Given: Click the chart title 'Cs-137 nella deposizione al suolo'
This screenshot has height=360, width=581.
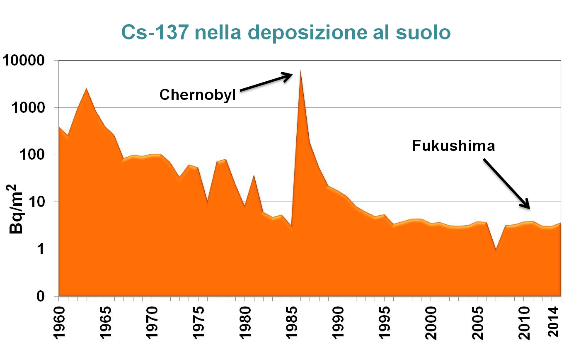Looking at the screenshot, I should (286, 32).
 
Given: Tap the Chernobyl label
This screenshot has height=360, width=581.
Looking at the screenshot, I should (197, 95).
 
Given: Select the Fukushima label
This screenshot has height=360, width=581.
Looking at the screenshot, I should (453, 146).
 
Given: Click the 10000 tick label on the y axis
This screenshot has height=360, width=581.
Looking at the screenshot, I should (24, 61).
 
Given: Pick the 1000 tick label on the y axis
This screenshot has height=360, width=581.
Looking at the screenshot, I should (28, 108).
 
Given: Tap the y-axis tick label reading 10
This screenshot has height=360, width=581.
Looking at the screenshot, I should (36, 202).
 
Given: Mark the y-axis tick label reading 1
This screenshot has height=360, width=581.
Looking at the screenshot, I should (41, 249).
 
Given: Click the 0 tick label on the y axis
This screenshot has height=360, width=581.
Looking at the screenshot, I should (41, 296).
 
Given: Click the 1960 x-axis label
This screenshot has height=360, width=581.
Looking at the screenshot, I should (59, 323).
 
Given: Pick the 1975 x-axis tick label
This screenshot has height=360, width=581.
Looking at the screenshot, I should (199, 323).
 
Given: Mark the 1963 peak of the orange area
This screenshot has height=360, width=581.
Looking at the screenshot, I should (86, 89).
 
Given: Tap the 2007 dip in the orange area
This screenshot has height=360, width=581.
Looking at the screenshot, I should (496, 250).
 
